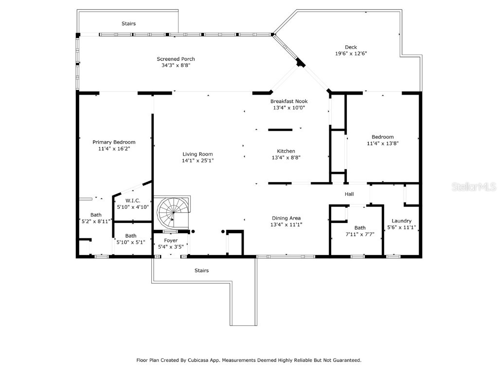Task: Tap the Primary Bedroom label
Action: tap(114, 142)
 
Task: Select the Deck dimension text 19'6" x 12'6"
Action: tap(351, 54)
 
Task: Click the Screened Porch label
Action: tap(176, 59)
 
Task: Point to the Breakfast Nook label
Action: tap(289, 102)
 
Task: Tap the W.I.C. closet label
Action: tap(133, 201)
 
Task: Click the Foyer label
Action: tap(171, 240)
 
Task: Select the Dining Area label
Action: tap(286, 218)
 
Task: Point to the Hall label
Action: tap(350, 194)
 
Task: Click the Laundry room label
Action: tap(401, 220)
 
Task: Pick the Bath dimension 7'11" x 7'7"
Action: tap(360, 234)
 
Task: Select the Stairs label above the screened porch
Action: tap(129, 23)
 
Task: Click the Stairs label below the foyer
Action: tap(201, 271)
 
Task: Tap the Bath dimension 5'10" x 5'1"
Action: tap(131, 242)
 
